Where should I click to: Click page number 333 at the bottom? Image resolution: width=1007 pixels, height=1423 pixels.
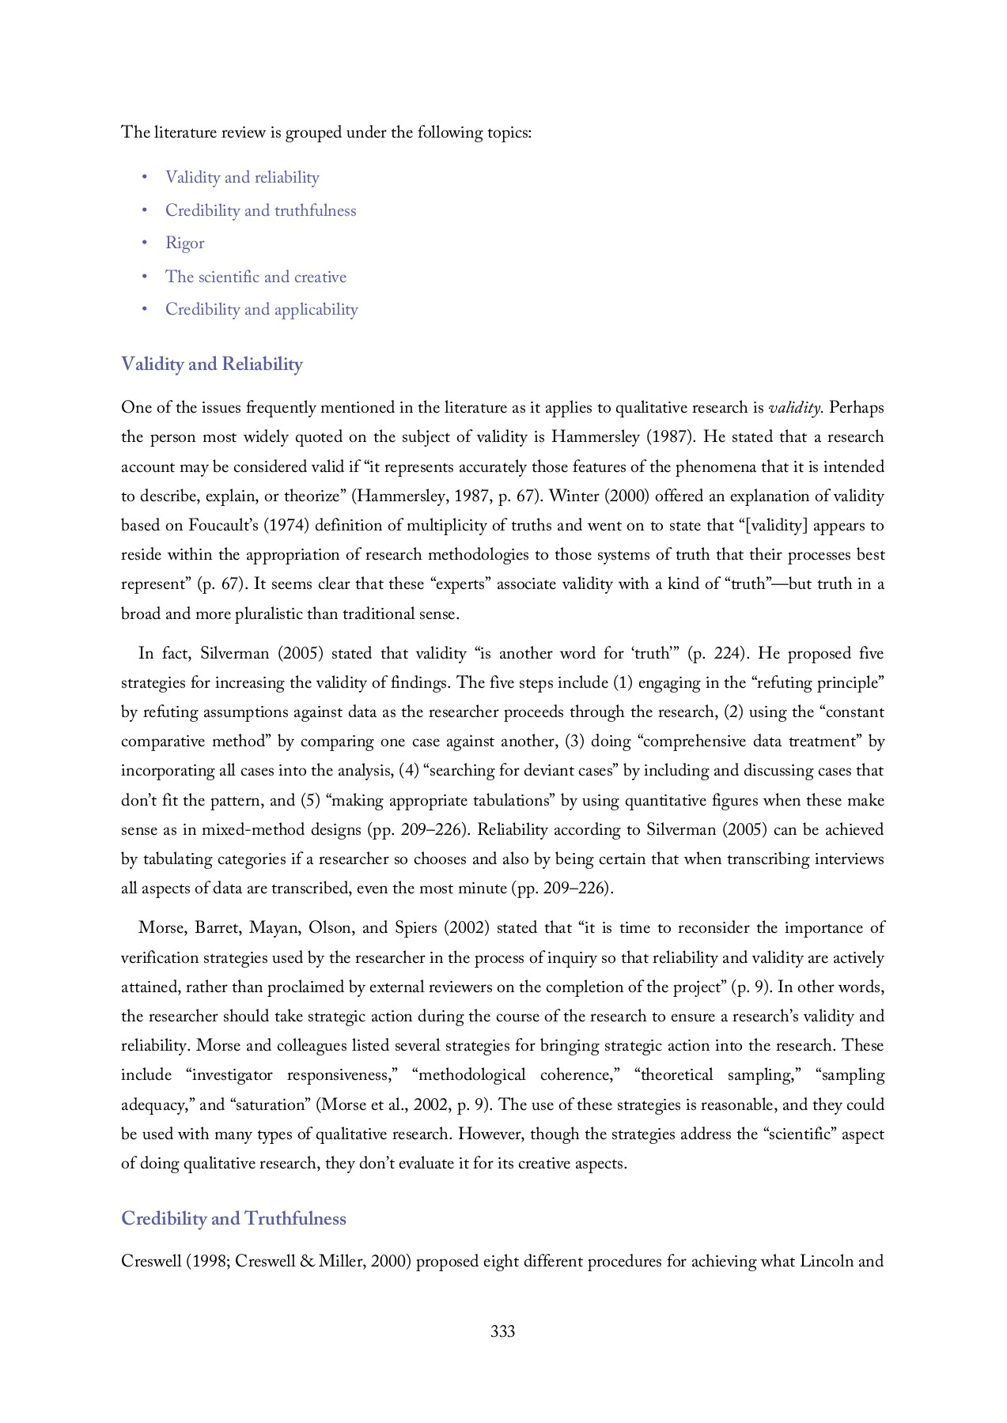[x=502, y=1331]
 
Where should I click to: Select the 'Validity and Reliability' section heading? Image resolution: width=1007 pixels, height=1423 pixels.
[x=211, y=364]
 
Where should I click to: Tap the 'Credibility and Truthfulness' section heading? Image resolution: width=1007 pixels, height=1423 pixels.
[x=233, y=1218]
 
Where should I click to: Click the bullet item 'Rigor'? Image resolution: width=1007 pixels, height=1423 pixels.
[x=184, y=243]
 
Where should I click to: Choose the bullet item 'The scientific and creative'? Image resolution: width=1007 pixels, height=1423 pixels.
[x=256, y=277]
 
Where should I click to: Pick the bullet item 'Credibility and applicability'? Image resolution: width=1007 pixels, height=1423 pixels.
[x=261, y=309]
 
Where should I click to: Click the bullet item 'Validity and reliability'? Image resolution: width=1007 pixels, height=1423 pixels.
[x=242, y=177]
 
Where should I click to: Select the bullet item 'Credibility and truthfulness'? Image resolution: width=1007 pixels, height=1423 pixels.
[x=260, y=210]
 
